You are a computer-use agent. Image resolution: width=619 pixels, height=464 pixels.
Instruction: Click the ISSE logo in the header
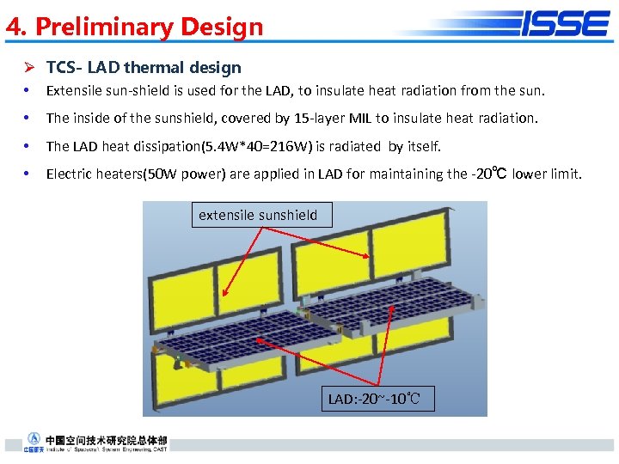[x=565, y=23]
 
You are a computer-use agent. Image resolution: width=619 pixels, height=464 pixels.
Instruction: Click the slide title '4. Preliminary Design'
[x=134, y=27]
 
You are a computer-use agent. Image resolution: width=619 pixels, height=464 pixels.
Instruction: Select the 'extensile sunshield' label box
[x=258, y=215]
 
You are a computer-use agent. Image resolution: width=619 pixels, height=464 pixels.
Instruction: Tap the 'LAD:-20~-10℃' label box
[x=375, y=400]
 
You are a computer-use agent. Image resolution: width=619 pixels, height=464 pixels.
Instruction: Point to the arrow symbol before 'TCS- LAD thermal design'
[x=28, y=68]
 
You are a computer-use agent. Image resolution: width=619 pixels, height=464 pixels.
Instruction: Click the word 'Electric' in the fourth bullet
[x=70, y=174]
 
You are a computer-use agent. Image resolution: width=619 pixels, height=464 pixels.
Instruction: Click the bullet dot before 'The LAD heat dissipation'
[x=28, y=146]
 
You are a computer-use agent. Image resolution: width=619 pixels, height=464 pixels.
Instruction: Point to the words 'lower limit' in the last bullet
[x=547, y=174]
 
